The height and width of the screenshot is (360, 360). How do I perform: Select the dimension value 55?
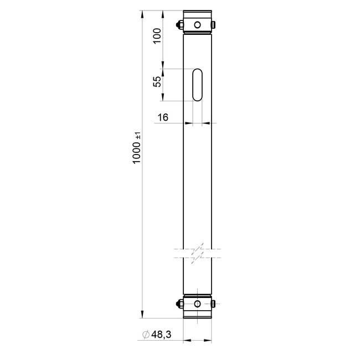pyautogui.click(x=157, y=81)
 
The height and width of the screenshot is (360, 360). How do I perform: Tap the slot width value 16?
pyautogui.click(x=163, y=117)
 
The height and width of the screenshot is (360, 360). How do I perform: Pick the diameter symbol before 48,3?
pyautogui.click(x=146, y=335)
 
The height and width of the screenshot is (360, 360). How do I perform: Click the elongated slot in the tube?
pyautogui.click(x=197, y=85)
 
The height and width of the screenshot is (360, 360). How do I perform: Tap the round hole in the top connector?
pyautogui.click(x=197, y=24)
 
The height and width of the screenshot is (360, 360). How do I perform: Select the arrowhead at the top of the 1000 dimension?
pyautogui.click(x=142, y=13)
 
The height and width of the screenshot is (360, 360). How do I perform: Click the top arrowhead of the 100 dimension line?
pyautogui.click(x=163, y=13)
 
